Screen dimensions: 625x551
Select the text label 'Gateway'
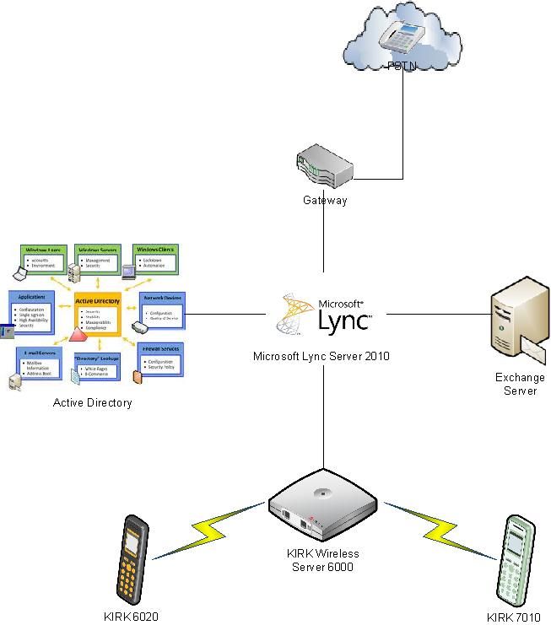(x=325, y=201)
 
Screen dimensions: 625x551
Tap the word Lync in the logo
(x=342, y=320)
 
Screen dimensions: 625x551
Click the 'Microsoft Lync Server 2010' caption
(x=321, y=357)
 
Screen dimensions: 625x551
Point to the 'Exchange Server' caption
(x=520, y=384)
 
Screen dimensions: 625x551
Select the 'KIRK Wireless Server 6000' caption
(x=324, y=560)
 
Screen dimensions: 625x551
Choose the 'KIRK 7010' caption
(x=513, y=617)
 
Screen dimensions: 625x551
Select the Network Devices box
(x=161, y=309)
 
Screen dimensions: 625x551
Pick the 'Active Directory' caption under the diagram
(x=93, y=402)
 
